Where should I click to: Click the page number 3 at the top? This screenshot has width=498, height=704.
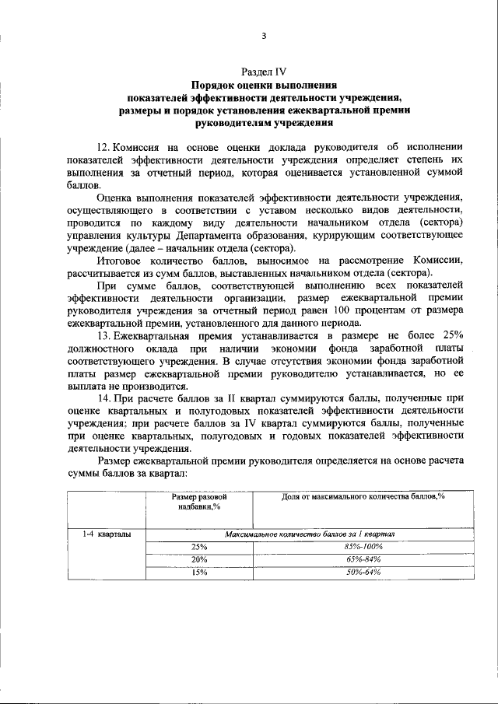point(264,36)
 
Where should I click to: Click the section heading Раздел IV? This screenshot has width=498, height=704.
point(264,72)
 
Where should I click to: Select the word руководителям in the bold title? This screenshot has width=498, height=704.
point(233,123)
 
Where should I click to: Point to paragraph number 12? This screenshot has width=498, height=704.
point(104,147)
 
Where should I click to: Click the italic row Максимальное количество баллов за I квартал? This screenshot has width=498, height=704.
point(310,534)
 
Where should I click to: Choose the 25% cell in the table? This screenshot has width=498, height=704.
point(199,547)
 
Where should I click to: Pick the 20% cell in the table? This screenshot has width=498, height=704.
point(199,559)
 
